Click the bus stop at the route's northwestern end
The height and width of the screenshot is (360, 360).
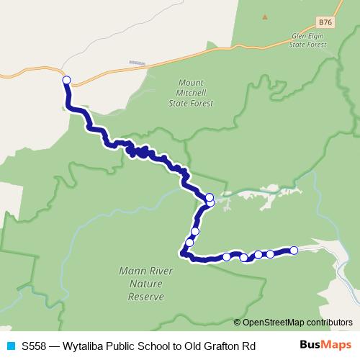point(66,81)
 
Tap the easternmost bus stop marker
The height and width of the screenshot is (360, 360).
point(294,251)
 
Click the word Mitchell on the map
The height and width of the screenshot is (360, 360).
point(194,93)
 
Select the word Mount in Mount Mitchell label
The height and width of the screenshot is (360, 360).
point(194,83)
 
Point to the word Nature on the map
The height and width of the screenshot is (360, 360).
point(143,284)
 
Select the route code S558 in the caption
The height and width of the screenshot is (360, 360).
point(35,345)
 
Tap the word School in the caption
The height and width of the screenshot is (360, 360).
point(150,345)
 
